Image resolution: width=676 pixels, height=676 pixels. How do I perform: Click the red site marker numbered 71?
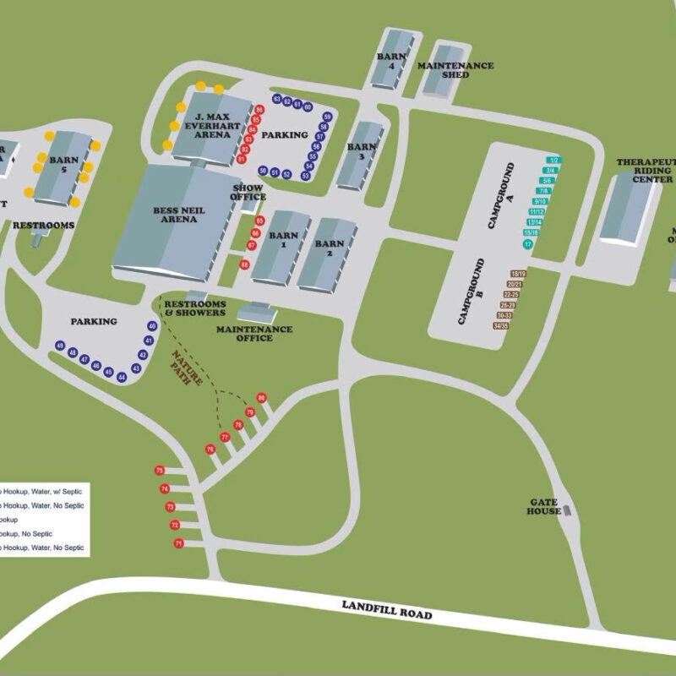click(x=178, y=543)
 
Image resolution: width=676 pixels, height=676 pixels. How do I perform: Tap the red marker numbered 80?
click(x=261, y=397)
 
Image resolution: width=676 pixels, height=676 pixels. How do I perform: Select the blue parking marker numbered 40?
click(x=152, y=326)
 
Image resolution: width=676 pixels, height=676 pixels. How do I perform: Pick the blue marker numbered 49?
click(x=61, y=346)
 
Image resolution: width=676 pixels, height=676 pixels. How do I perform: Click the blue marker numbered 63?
click(x=276, y=100)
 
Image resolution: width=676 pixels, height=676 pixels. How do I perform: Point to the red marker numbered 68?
click(x=244, y=264)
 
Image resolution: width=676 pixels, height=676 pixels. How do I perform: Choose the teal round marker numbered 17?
click(x=528, y=244)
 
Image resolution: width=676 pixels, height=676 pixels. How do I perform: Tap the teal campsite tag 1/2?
click(x=554, y=159)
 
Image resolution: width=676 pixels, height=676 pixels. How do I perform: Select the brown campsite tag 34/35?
click(x=501, y=325)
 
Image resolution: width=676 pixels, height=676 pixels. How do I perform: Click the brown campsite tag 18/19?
click(x=518, y=274)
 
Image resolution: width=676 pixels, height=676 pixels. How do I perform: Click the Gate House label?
click(x=543, y=506)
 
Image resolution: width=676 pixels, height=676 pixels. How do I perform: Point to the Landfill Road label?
click(x=387, y=610)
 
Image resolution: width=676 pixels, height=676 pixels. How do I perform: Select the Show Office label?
click(x=248, y=192)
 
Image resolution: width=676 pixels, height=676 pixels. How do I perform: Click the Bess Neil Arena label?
click(x=175, y=214)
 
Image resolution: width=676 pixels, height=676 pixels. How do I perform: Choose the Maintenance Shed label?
click(x=455, y=70)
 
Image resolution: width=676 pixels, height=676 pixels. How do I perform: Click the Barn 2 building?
click(x=327, y=253)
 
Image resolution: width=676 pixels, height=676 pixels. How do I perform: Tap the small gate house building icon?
click(x=567, y=510)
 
